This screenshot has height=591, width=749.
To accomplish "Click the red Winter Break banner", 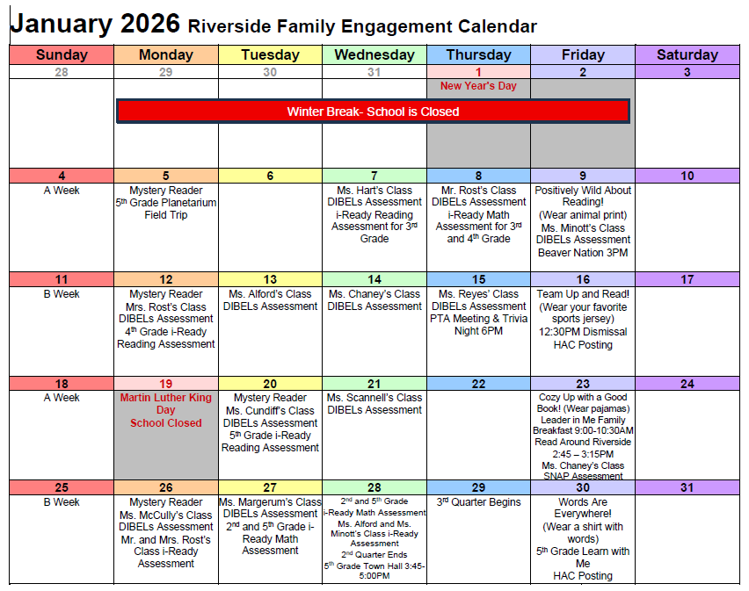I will pyautogui.click(x=373, y=112).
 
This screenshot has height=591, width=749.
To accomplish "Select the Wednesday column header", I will pyautogui.click(x=374, y=54).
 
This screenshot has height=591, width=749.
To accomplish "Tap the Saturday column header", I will pyautogui.click(x=687, y=54).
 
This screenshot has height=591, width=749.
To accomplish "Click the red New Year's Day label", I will pyautogui.click(x=478, y=86).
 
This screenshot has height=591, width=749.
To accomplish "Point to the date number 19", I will pyautogui.click(x=165, y=384).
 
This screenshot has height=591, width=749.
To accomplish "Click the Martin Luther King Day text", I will pyautogui.click(x=166, y=404).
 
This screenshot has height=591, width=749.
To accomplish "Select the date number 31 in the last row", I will pyautogui.click(x=687, y=487).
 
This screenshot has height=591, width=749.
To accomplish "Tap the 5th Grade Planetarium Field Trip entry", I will pyautogui.click(x=166, y=209).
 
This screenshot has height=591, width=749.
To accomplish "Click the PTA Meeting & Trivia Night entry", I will pyautogui.click(x=478, y=325).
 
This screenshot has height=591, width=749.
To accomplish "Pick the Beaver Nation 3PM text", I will pyautogui.click(x=583, y=253).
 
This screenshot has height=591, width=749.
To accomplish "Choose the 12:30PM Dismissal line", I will pyautogui.click(x=583, y=332).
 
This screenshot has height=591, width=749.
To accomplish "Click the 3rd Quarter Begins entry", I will pyautogui.click(x=478, y=502).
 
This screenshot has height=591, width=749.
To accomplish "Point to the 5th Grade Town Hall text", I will pyautogui.click(x=374, y=571).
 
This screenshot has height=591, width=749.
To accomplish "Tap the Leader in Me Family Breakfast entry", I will pyautogui.click(x=583, y=425).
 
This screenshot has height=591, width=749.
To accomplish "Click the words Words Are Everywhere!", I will pyautogui.click(x=583, y=508).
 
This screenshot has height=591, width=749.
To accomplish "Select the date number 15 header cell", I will pyautogui.click(x=478, y=279).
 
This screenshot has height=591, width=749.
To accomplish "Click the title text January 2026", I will pyautogui.click(x=95, y=24).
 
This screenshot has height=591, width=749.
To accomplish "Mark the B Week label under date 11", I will pyautogui.click(x=62, y=294).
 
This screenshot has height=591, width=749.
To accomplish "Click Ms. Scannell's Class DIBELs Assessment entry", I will pyautogui.click(x=374, y=403).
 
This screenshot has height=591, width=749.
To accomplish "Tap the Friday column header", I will pyautogui.click(x=583, y=54).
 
